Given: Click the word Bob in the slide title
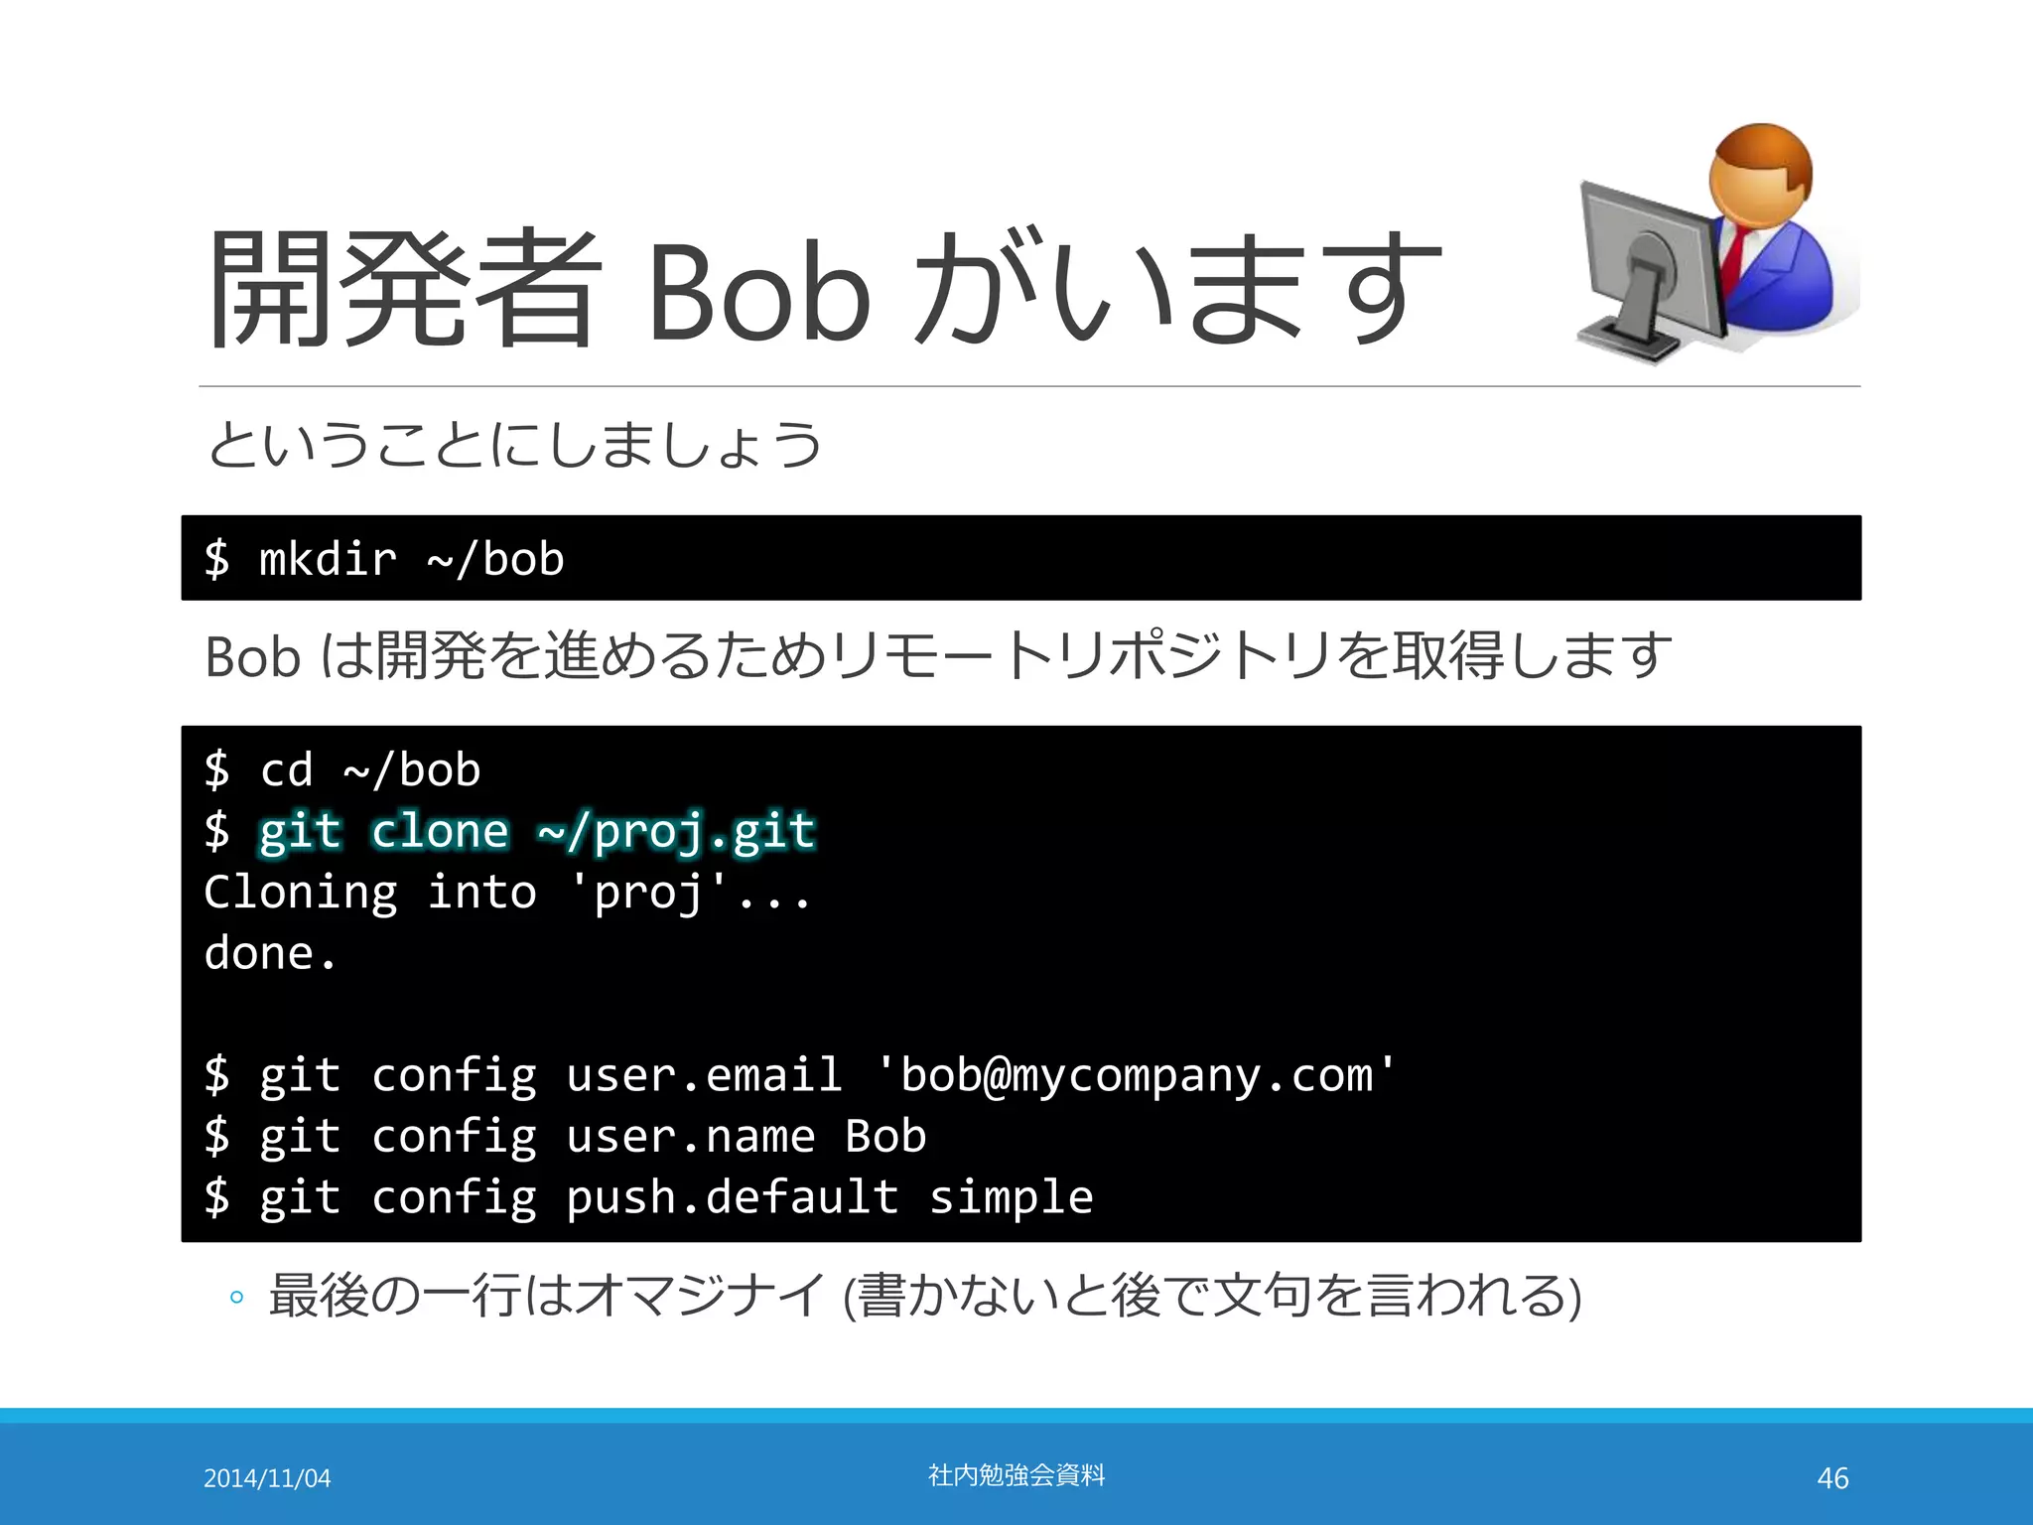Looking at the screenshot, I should click(x=758, y=292).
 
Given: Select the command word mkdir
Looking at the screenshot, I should click(x=328, y=559).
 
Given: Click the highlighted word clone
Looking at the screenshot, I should click(x=440, y=831).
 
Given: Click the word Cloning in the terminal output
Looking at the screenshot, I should click(x=301, y=893).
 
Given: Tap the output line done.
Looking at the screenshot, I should click(x=270, y=953).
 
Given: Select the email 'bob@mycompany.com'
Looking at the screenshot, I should click(x=1136, y=1075).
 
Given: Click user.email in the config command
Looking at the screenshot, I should click(x=704, y=1075).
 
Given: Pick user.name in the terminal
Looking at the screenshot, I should click(x=690, y=1137).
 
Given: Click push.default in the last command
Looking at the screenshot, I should click(x=732, y=1197).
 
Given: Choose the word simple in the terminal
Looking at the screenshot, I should click(x=1011, y=1197).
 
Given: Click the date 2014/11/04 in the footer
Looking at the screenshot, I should click(x=267, y=1478).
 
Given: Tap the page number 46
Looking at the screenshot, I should click(x=1832, y=1478).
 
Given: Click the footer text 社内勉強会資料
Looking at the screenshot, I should click(x=1016, y=1475).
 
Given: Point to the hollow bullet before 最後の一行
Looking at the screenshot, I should click(x=236, y=1297).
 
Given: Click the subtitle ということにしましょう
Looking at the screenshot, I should click(x=514, y=445).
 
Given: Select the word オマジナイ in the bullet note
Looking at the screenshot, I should click(x=700, y=1296).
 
